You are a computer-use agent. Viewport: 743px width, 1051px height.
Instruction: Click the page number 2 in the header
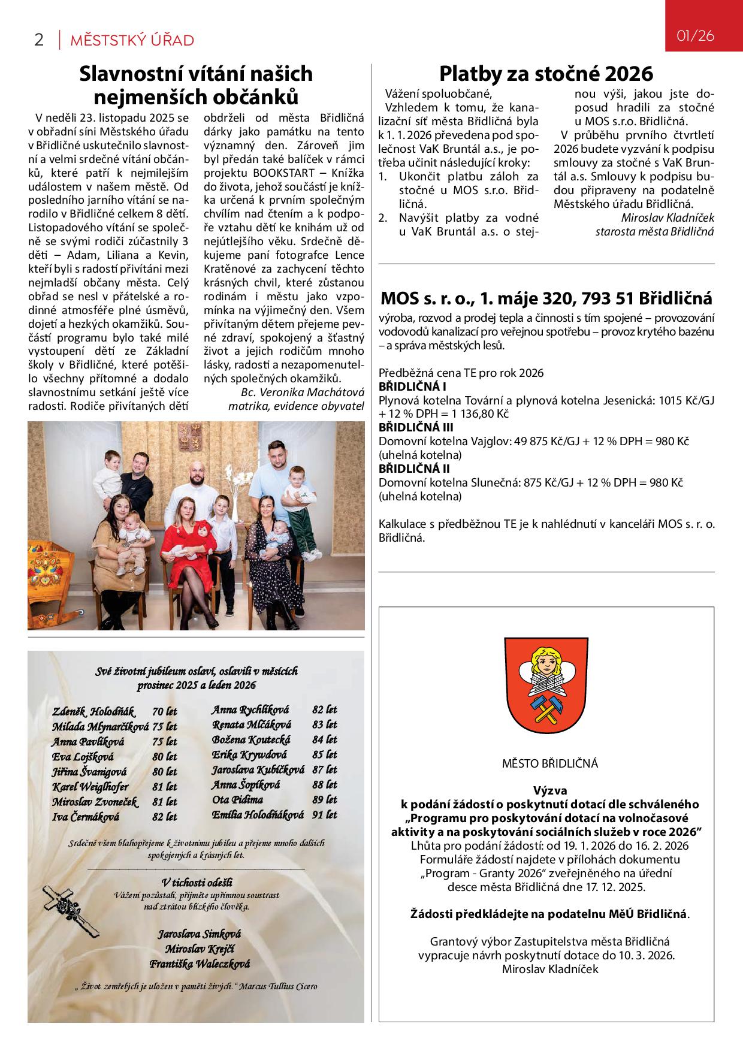39,40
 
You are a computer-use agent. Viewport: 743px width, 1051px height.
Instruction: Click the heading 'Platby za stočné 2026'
546,74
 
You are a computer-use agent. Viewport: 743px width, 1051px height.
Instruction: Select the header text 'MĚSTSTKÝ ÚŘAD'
132,41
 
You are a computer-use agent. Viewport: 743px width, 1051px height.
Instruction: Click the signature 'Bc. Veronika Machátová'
302,392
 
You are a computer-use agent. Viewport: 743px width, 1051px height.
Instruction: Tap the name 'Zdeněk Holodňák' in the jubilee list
93,712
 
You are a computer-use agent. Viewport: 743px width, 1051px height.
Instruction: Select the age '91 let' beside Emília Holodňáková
325,815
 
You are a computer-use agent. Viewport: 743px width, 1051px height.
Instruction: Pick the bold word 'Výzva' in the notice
550,791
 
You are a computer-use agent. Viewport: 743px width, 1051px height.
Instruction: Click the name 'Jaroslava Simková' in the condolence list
199,934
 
